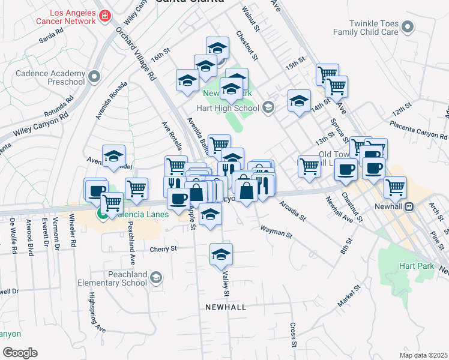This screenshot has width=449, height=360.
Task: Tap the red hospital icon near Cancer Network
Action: tap(105, 15)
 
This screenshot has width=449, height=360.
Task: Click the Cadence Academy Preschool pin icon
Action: tap(94, 77)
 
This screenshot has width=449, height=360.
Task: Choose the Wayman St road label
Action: tap(276, 232)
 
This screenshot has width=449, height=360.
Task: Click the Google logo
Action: tap(20, 352)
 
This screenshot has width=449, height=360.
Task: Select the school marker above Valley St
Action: tap(221, 255)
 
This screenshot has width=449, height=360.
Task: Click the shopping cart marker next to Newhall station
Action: tap(395, 187)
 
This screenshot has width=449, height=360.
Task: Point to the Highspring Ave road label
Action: tap(97, 313)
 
